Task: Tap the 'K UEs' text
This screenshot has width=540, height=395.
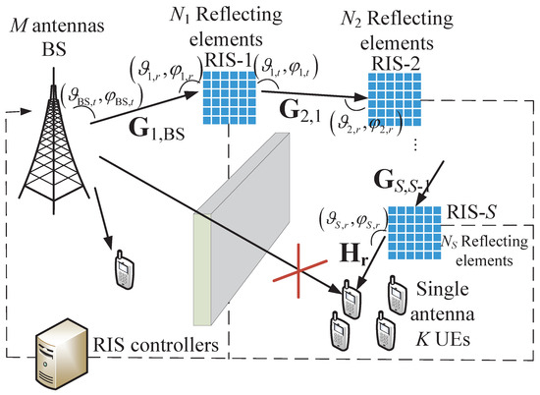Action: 447,343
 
